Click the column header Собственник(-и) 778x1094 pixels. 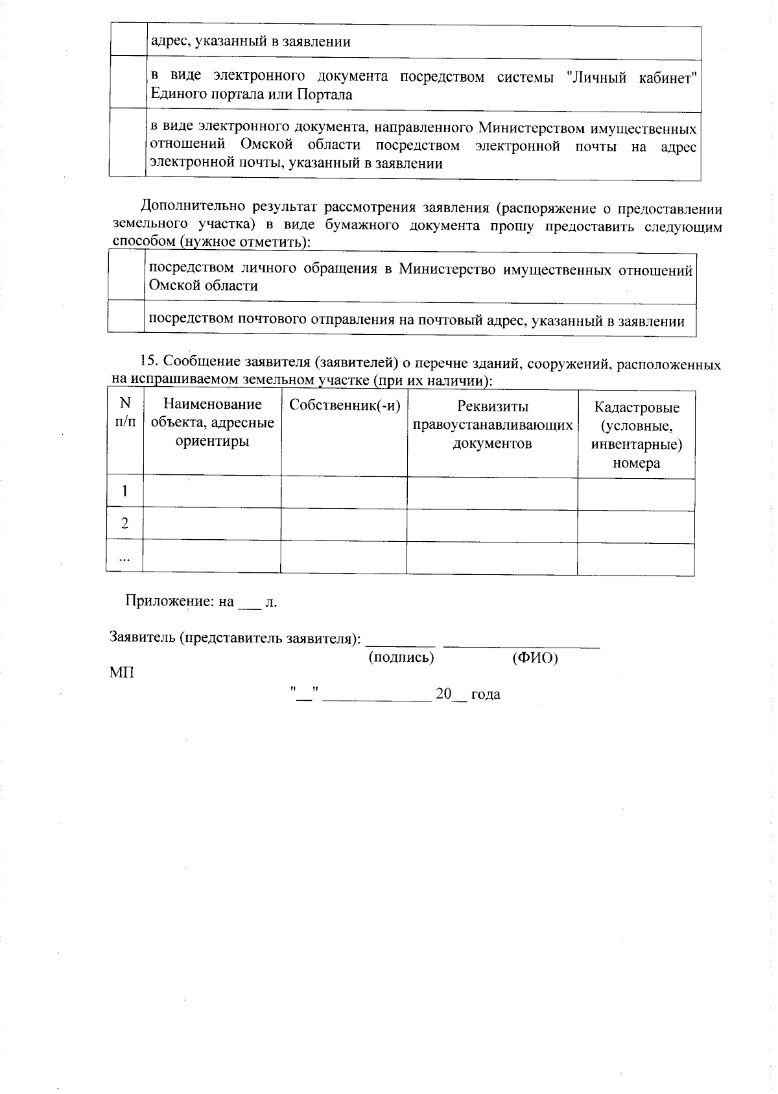[x=344, y=406]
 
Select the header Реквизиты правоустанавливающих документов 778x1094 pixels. [x=492, y=425]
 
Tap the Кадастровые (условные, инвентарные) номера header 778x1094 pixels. [x=636, y=435]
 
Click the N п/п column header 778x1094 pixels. [x=125, y=413]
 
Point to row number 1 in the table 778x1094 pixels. [x=125, y=491]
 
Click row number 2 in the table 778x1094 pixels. [x=125, y=524]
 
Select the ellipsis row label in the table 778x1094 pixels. [x=124, y=557]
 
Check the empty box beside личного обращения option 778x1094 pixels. [x=126, y=278]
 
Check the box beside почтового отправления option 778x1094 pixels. [x=126, y=318]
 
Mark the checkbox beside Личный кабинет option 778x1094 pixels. [x=128, y=85]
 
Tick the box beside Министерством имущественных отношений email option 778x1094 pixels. [x=128, y=144]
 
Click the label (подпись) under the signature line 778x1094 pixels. [x=401, y=657]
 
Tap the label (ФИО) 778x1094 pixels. [x=535, y=658]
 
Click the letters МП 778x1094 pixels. [x=122, y=672]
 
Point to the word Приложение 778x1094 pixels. [x=165, y=602]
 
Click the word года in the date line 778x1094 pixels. [x=486, y=694]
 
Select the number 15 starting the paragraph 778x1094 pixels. [x=148, y=362]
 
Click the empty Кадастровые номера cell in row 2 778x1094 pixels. [x=636, y=525]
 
